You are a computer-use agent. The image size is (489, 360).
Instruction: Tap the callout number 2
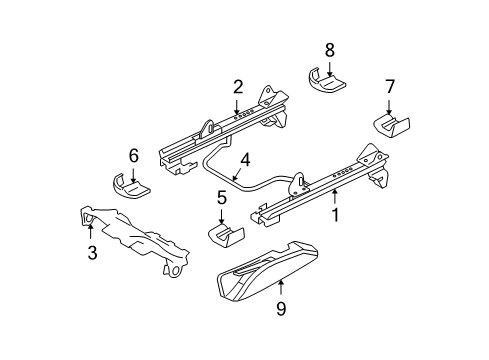(237, 87)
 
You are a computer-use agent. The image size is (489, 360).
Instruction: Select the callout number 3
(92, 253)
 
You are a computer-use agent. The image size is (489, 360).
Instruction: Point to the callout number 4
(243, 157)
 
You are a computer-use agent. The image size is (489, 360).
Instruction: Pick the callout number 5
(221, 198)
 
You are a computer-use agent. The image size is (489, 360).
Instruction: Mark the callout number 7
(390, 87)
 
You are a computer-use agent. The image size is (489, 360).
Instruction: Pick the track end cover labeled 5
(227, 235)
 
